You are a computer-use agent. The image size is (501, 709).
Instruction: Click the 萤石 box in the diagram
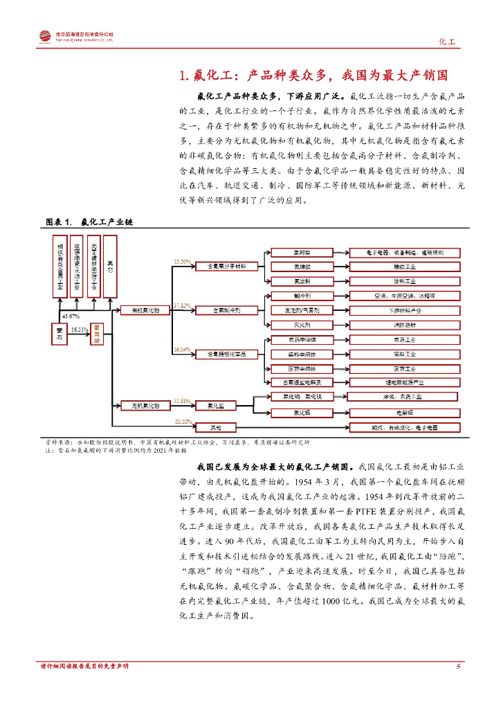pyautogui.click(x=58, y=335)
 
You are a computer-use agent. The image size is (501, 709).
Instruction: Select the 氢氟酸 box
pyautogui.click(x=96, y=334)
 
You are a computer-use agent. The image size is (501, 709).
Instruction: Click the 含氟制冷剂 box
pyautogui.click(x=217, y=310)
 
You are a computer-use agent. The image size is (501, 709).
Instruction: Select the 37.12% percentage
pyautogui.click(x=182, y=305)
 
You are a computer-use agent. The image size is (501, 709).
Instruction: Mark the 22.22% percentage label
pyautogui.click(x=183, y=421)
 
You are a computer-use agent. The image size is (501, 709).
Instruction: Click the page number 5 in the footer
pyautogui.click(x=458, y=666)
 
